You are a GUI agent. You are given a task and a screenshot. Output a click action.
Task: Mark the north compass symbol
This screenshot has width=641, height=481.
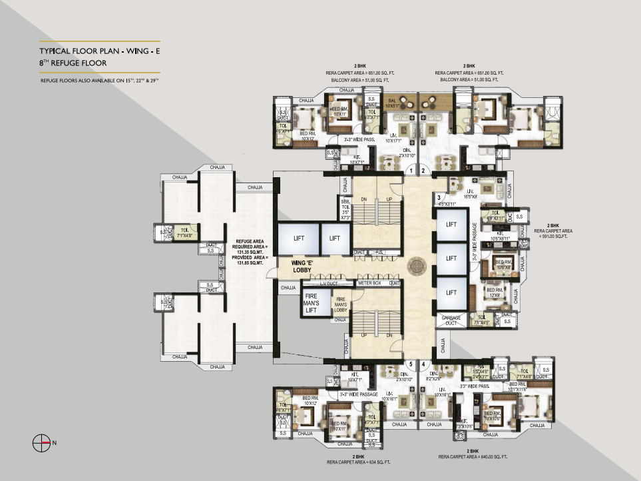click(42, 442)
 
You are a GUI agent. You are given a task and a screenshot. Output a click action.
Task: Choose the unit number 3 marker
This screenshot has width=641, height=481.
click(439, 198)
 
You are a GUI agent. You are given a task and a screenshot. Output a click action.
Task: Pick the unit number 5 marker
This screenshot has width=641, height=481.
click(411, 364)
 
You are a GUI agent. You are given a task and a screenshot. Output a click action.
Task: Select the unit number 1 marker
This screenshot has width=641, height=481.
click(411, 171)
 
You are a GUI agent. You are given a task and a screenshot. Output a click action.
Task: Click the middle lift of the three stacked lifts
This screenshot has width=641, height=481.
click(451, 258)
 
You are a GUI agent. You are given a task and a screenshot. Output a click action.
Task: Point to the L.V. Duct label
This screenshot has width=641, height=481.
click(329, 282)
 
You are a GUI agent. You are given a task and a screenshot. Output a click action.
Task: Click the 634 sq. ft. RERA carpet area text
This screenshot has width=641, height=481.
click(353, 461)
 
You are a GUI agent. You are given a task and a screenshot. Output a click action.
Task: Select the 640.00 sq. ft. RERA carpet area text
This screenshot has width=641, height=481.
click(473, 457)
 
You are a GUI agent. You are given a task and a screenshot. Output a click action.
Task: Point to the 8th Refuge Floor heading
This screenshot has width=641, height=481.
click(73, 63)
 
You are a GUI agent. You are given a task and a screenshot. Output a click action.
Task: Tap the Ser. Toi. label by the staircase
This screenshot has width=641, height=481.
click(345, 209)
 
